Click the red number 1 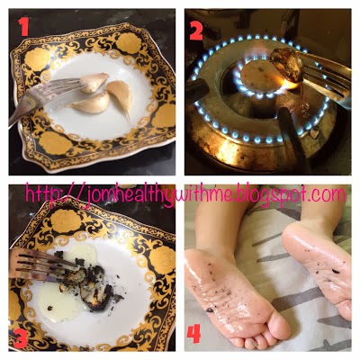coord(23,26)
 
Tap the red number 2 coord(196,30)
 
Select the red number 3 coord(22,338)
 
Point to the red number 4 coord(193,334)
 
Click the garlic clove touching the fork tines coord(94,82)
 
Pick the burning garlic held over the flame coord(286,65)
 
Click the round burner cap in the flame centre coord(260,76)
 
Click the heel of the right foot coord(297,237)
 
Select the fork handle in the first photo coord(22,105)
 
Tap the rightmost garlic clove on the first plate coord(121,95)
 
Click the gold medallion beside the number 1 coord(39,59)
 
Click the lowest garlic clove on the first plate coord(90,103)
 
